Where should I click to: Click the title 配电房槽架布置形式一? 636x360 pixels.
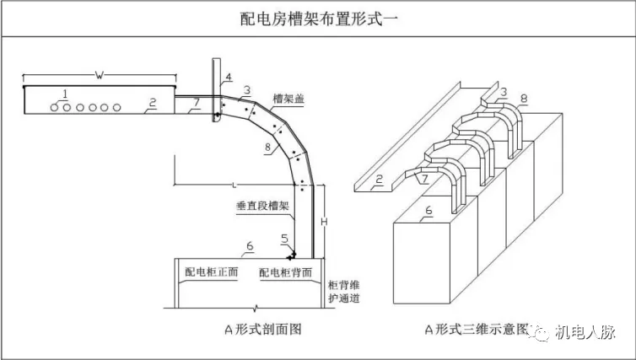[317, 19]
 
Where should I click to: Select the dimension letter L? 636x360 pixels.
[230, 182]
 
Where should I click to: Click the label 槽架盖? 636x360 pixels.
[288, 99]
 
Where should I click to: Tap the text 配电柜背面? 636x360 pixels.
[286, 273]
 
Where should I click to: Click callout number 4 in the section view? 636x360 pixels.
[226, 79]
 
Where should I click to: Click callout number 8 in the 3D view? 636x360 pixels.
[524, 99]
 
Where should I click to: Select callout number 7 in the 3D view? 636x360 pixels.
[424, 180]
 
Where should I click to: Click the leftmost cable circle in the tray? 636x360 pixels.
[54, 107]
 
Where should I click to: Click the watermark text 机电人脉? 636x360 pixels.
[591, 334]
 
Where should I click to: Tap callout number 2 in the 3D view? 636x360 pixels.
[380, 180]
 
